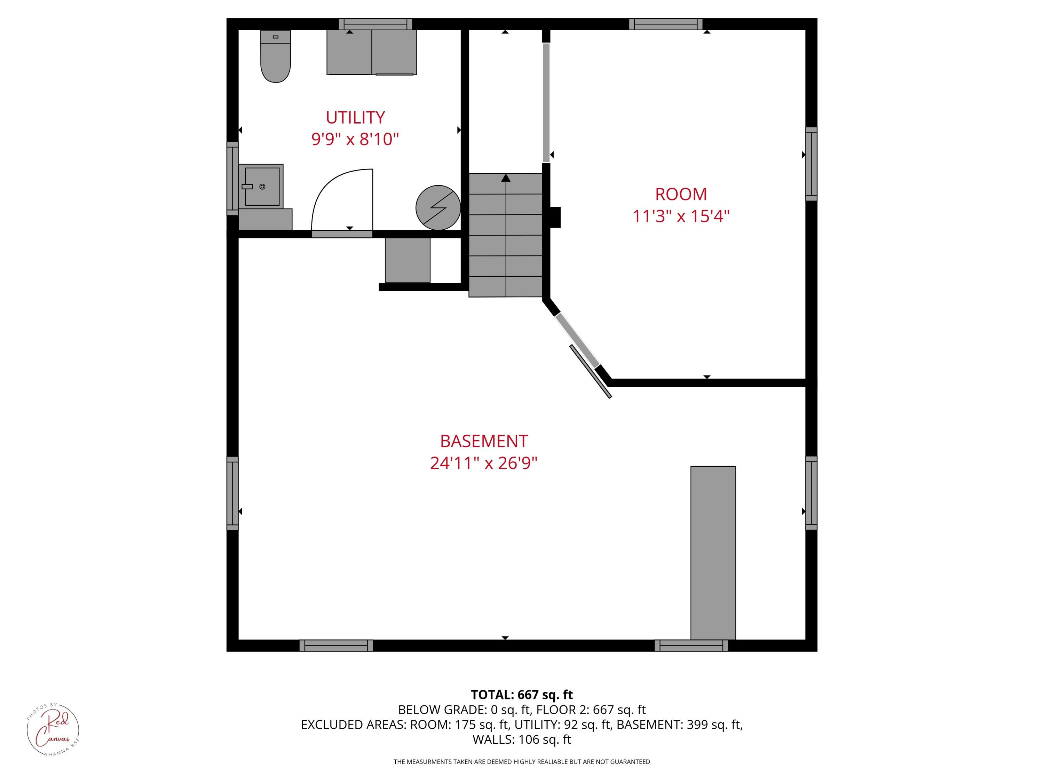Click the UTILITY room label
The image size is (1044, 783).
355,117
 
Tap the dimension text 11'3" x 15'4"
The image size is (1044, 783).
681,216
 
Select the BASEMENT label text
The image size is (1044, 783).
484,441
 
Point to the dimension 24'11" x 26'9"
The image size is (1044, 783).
484,463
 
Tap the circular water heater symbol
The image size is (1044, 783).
438,208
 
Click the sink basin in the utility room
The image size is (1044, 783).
262,187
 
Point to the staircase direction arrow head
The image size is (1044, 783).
506,178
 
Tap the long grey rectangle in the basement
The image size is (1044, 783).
713,552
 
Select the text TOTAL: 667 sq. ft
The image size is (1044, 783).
522,695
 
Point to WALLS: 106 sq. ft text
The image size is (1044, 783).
522,739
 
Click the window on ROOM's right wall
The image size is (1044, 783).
811,164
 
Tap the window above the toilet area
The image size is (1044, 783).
375,24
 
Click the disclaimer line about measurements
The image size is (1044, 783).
522,762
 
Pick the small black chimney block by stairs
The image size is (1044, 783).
555,217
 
